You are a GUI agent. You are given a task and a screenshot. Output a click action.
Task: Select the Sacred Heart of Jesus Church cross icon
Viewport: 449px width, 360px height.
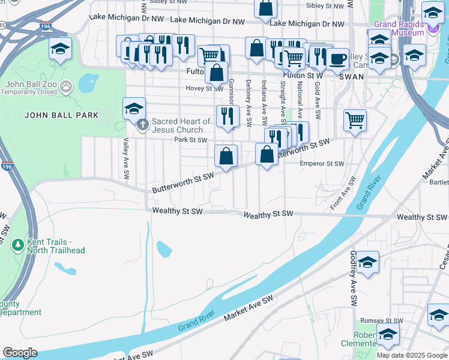pos(143,125)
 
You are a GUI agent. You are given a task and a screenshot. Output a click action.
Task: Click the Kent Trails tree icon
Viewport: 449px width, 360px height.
pos(18,245)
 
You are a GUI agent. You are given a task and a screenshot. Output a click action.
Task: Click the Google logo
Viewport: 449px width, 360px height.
pos(20,352)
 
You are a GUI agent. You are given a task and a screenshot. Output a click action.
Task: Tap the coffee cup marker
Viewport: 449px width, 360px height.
pos(337,59)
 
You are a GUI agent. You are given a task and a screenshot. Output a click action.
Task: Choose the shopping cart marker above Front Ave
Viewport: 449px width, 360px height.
pos(355,119)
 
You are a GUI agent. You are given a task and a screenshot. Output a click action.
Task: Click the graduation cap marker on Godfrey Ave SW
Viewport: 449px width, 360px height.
pos(367,262)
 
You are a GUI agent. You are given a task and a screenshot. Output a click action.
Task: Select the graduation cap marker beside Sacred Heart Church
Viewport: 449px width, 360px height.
pos(134,109)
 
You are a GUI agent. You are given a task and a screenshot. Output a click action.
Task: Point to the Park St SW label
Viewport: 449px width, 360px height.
pos(190,140)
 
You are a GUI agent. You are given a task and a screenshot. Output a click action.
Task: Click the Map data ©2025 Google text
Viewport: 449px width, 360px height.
pos(411,355)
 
